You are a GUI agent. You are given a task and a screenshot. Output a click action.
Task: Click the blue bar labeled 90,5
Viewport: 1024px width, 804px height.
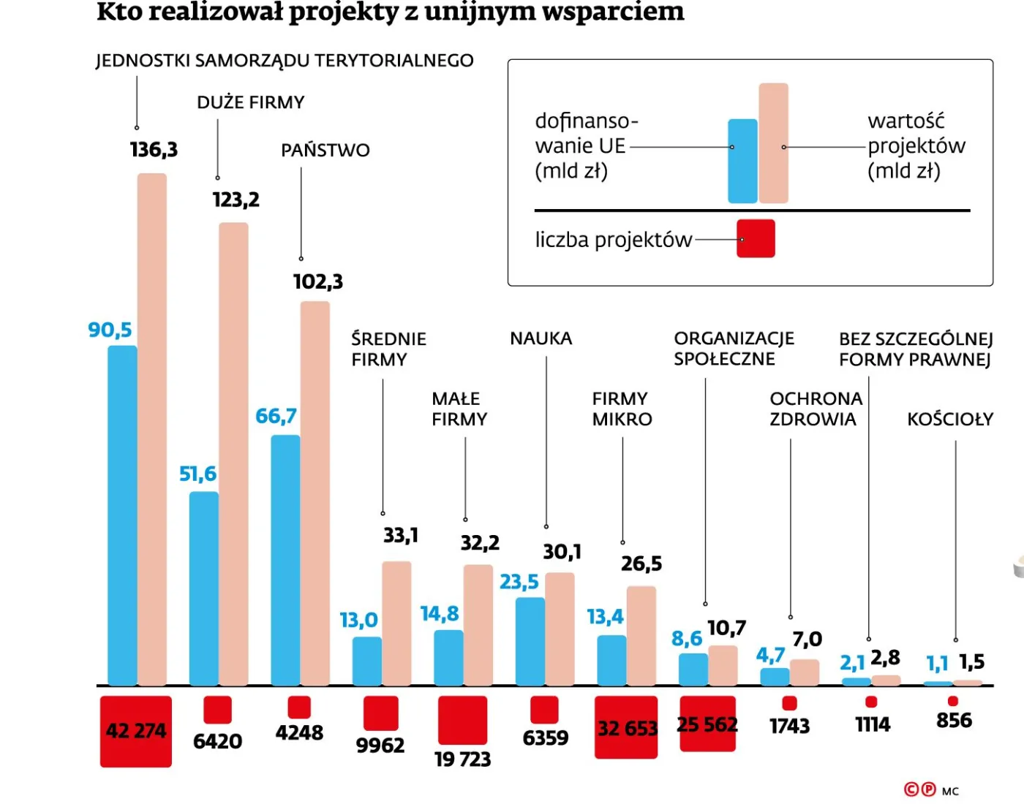coord(122,515)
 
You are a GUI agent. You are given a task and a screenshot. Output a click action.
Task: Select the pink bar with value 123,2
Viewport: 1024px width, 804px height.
coord(233,453)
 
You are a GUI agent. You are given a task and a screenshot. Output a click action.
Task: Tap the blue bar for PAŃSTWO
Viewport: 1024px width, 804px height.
coord(285,559)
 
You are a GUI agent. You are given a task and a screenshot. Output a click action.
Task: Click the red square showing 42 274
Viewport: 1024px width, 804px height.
coord(136,731)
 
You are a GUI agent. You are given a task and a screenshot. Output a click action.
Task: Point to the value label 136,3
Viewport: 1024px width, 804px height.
coord(154,150)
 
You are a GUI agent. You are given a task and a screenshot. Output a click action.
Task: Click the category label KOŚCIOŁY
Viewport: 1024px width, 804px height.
coord(950,420)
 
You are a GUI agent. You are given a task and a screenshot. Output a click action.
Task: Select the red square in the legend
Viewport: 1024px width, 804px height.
coord(756,239)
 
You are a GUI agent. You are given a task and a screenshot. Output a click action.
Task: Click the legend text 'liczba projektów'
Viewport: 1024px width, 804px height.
coord(613,240)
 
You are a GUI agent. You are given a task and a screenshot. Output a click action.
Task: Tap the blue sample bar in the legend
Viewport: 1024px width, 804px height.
coord(742,161)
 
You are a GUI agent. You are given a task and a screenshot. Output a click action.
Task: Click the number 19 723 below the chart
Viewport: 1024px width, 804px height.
coord(462,759)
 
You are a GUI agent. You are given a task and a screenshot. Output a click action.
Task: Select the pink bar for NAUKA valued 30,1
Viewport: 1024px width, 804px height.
coord(560,629)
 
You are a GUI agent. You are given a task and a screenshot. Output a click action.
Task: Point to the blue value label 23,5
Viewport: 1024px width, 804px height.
coord(519,582)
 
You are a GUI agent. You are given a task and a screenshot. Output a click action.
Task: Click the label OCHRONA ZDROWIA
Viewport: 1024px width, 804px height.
coord(816,409)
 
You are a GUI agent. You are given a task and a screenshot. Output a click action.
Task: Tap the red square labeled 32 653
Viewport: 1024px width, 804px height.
coord(626,727)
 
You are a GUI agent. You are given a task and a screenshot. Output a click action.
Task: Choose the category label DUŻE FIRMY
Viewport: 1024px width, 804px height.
coord(251,102)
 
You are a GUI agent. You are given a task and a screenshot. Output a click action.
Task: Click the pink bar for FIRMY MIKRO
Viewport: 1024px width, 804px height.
coord(641,635)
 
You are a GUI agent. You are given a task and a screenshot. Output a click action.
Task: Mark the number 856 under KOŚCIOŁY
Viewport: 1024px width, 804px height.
coord(954,721)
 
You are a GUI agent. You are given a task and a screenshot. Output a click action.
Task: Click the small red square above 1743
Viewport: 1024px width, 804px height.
coord(789,703)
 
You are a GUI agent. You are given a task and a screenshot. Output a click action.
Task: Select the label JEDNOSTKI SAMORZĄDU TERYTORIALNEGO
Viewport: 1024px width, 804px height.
coord(285,61)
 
